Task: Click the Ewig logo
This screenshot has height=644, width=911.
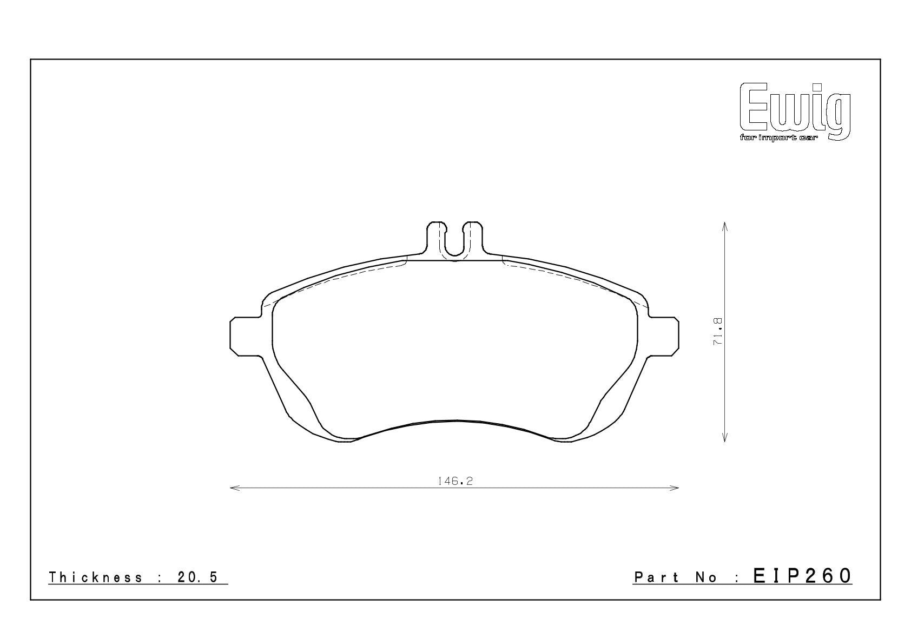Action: click(795, 112)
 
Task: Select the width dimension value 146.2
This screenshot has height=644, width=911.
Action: click(455, 481)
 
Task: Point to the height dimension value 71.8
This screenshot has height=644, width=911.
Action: click(718, 332)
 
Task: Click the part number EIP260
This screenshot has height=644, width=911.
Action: click(802, 576)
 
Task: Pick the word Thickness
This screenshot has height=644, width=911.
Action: click(96, 577)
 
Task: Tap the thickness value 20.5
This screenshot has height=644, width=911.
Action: click(198, 577)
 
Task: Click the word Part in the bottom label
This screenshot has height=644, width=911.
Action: click(656, 577)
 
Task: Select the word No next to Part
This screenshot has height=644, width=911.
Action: click(706, 577)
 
